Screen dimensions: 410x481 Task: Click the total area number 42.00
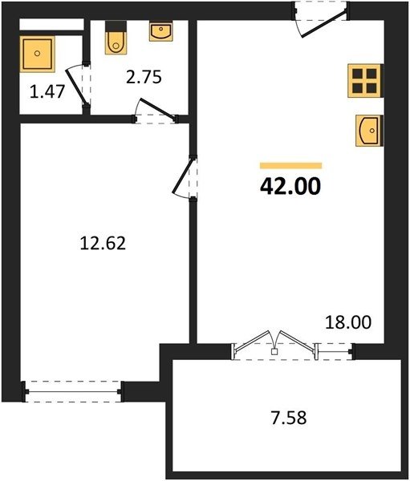point(290,187)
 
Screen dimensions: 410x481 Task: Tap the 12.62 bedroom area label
point(103,243)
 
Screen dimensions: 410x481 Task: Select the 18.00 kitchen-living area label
point(348,322)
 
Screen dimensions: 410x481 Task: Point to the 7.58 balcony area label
point(289,418)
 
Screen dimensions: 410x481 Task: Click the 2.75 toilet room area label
point(144,77)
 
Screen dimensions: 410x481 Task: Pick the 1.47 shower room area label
point(47,91)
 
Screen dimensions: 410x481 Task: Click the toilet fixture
point(116,38)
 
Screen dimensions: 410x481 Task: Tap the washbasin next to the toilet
point(161,31)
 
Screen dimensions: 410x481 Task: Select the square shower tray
point(37,54)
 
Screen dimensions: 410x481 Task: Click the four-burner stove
point(365,81)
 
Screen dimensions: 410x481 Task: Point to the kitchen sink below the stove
point(369,131)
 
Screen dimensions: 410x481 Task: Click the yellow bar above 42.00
point(290,166)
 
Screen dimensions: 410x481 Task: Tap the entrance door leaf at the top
point(324,23)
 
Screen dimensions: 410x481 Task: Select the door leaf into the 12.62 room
point(182,175)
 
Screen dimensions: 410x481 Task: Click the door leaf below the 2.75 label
point(157,108)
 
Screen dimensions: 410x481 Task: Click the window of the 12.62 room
point(73,391)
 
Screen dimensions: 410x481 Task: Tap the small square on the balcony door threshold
point(274,352)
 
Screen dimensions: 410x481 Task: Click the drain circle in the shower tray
point(38,54)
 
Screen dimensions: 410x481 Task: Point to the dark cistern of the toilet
point(116,26)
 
